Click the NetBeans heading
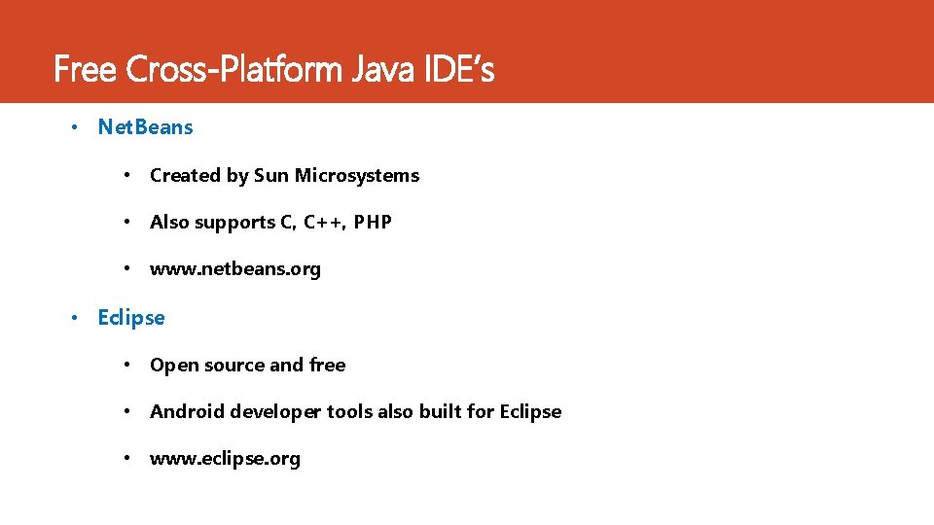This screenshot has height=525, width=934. point(146,127)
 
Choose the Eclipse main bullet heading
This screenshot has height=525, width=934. point(131,318)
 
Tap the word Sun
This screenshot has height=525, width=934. point(271,176)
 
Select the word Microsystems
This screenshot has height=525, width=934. point(357,176)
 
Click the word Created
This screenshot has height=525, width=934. point(185,176)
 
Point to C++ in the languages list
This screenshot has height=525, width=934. point(324,223)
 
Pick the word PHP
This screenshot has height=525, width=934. point(373,223)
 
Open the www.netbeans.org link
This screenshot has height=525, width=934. point(235,269)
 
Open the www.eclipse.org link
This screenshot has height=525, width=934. point(225,459)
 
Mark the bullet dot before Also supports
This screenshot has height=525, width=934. point(126,223)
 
